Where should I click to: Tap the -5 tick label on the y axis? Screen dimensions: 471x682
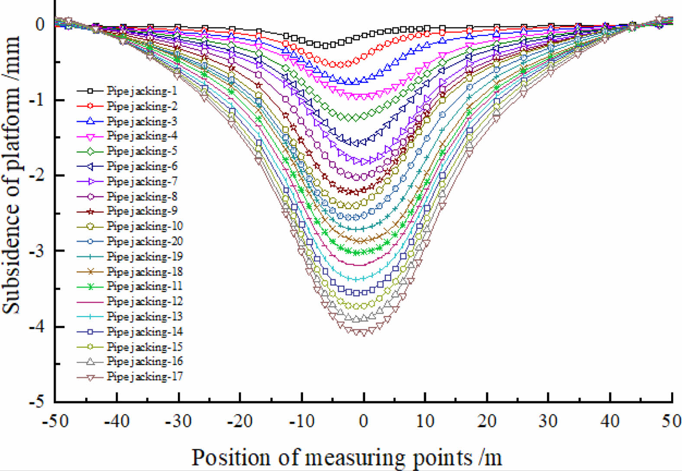click(x=37, y=402)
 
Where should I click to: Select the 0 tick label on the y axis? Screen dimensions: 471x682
click(x=40, y=24)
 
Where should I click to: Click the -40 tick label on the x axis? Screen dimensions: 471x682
click(x=116, y=421)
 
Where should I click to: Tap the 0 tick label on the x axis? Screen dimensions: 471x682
click(x=364, y=421)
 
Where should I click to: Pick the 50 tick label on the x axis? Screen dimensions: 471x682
click(x=671, y=421)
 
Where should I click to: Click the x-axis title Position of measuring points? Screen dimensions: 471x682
click(x=346, y=458)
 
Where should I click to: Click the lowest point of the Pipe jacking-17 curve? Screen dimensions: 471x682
click(x=363, y=333)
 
